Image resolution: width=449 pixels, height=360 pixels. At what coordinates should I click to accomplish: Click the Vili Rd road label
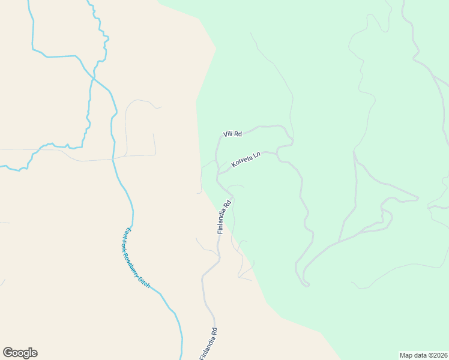click(x=232, y=134)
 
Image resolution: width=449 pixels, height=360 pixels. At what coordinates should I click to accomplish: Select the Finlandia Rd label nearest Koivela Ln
click(x=224, y=217)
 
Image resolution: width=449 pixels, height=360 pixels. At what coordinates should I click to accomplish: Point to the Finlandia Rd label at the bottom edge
click(x=208, y=344)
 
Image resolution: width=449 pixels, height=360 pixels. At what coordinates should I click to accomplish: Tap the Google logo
click(x=20, y=353)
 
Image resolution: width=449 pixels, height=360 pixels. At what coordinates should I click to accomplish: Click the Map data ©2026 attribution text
click(x=424, y=355)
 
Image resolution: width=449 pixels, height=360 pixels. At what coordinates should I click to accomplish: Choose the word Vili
click(x=228, y=134)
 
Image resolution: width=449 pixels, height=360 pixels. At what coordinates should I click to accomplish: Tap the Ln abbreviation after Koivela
click(x=256, y=155)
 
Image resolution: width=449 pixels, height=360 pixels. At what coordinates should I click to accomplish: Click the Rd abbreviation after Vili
click(x=238, y=134)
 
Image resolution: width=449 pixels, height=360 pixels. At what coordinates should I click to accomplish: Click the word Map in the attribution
click(x=406, y=355)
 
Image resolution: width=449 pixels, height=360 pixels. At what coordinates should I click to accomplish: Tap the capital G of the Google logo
click(x=8, y=353)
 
